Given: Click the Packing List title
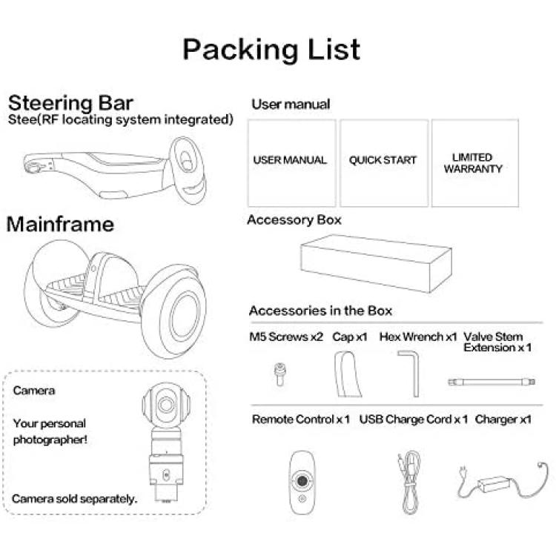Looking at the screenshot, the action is tap(271, 50).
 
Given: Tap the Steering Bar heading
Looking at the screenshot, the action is tap(70, 103).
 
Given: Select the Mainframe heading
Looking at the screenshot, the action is tap(60, 224).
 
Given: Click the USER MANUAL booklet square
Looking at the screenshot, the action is tap(291, 163).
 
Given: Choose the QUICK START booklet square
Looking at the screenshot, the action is tap(384, 163).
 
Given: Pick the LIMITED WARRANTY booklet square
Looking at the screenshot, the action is tap(475, 163).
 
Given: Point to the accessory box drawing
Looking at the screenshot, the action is tap(376, 263).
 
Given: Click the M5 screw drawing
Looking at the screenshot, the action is tap(280, 374).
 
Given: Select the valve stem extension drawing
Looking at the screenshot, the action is tap(492, 382).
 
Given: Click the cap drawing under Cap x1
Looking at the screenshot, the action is tap(347, 374).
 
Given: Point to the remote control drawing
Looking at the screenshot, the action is tap(302, 482).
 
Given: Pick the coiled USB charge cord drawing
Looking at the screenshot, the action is tap(410, 483).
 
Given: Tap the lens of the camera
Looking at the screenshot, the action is tap(166, 404).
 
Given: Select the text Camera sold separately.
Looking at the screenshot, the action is tap(74, 499).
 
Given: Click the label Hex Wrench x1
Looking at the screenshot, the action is tap(418, 337).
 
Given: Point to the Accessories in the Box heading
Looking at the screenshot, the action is tap(320, 311).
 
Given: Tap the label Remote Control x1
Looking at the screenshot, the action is tap(301, 420).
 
